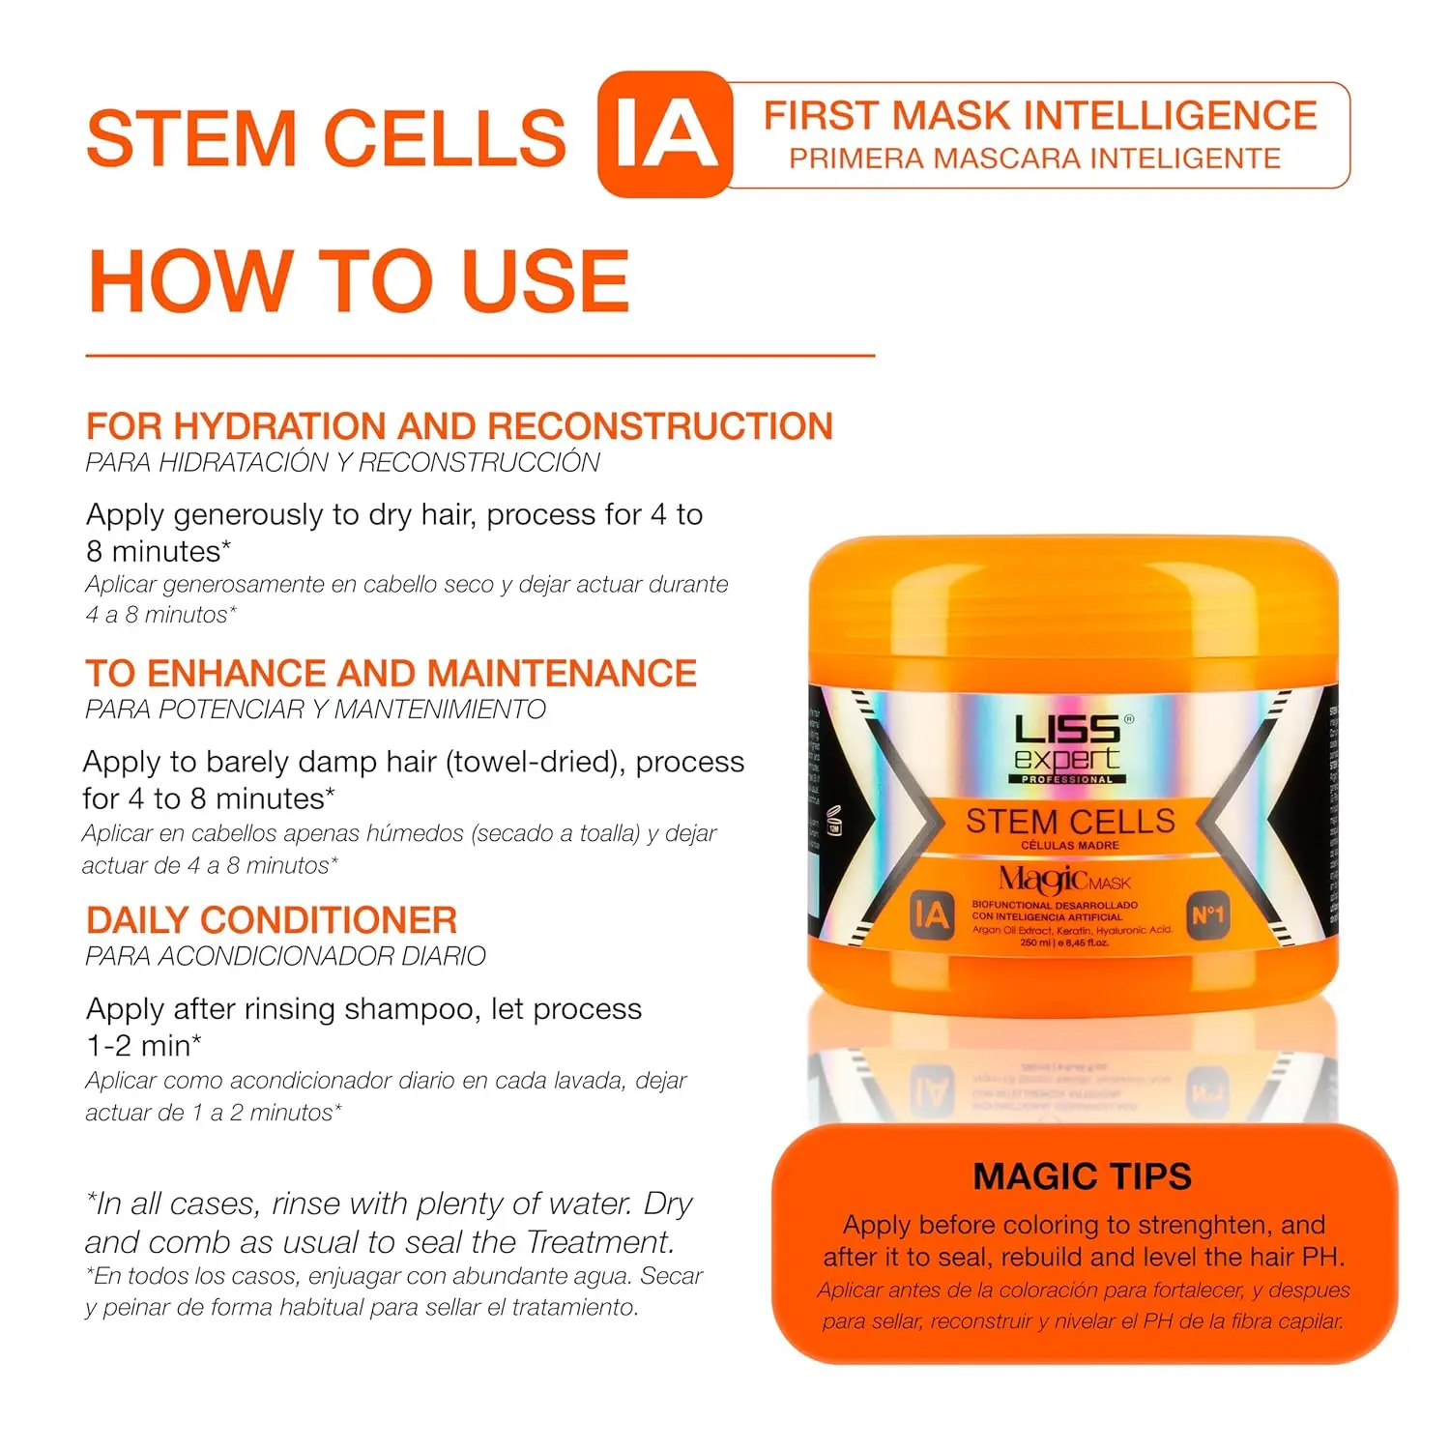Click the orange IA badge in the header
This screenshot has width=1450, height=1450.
coord(665,134)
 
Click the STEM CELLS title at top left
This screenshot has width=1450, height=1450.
coord(326,137)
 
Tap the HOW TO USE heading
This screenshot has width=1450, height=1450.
coord(359,280)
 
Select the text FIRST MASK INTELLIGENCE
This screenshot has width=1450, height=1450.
coord(1040,116)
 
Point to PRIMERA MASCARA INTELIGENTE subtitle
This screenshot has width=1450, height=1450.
coord(1034,159)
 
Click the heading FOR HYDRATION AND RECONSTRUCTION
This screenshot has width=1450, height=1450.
coord(459,426)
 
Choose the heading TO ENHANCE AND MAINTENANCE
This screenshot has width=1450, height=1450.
coord(391,673)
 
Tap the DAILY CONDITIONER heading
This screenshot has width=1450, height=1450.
coord(272,919)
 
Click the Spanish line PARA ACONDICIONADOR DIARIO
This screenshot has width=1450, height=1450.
coord(285,956)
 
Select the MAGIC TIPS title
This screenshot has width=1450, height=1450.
coord(1082,1176)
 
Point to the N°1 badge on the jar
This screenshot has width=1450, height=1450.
coord(1207,915)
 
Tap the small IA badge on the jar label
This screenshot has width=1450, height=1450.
coord(931,914)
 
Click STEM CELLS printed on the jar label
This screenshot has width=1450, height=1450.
coord(1070,822)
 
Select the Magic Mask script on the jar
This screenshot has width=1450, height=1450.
coord(1063,880)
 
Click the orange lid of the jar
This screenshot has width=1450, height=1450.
coord(1073,609)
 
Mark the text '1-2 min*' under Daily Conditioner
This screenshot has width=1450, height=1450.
coord(144,1045)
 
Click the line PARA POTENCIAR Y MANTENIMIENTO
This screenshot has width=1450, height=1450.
coord(315,710)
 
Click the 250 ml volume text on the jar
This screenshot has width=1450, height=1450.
coord(1063,942)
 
